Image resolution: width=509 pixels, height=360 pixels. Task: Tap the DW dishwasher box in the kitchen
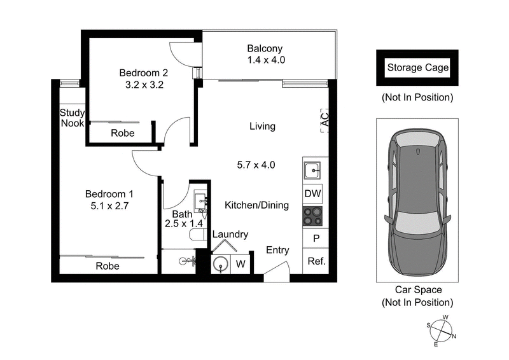(312, 193)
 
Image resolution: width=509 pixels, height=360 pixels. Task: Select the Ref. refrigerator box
(314, 261)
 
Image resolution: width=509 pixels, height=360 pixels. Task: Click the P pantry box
(315, 239)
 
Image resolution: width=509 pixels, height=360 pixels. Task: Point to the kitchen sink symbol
(312, 171)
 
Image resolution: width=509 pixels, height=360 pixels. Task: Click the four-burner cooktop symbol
(312, 216)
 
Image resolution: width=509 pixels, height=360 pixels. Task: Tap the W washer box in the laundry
(241, 264)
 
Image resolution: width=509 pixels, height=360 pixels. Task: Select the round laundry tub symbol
(221, 264)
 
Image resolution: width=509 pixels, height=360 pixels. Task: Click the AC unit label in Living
(323, 119)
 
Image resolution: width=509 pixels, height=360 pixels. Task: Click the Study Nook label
(72, 118)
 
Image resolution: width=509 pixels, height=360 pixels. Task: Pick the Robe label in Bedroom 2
(122, 133)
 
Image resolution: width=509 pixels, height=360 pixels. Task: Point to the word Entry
(277, 250)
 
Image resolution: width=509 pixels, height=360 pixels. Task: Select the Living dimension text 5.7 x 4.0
(255, 165)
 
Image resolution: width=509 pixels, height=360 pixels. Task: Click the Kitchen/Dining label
(256, 205)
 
